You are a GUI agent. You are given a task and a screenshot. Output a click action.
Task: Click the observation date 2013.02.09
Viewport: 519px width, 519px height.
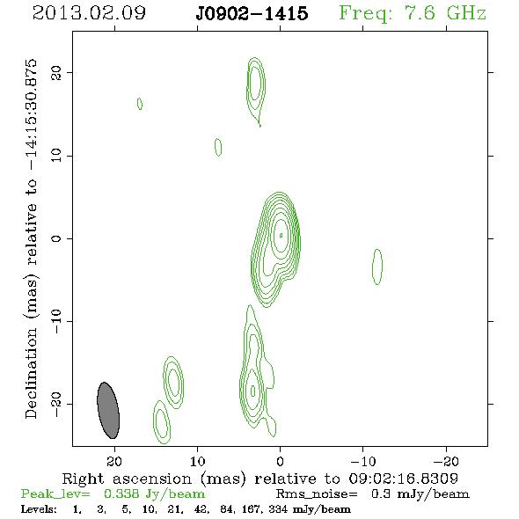[89, 13]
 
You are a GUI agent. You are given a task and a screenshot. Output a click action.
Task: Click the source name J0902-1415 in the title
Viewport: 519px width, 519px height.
[252, 13]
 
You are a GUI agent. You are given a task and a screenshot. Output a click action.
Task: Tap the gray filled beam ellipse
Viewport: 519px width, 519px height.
[108, 411]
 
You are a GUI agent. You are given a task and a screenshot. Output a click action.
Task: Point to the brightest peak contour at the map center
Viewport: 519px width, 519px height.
[281, 236]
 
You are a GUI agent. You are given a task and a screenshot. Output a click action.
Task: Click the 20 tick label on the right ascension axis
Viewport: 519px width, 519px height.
[114, 461]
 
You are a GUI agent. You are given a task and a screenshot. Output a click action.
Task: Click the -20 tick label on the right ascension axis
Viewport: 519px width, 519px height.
[446, 461]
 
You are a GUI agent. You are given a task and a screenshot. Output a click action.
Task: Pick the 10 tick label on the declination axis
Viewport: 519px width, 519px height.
[56, 155]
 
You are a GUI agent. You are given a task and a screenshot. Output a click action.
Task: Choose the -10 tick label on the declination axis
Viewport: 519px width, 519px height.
[56, 321]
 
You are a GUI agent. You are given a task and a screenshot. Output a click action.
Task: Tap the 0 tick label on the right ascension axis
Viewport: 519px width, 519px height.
[280, 461]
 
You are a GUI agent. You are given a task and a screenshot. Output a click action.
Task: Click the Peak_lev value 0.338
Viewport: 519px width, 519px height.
[121, 493]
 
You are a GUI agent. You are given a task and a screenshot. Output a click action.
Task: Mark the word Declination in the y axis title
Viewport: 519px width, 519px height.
[31, 373]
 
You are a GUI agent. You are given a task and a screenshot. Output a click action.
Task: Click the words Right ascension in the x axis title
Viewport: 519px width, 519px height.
[127, 479]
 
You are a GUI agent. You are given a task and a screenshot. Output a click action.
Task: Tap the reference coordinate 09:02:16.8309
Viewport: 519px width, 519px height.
[404, 479]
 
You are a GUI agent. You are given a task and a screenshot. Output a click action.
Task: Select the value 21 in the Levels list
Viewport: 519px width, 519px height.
[173, 509]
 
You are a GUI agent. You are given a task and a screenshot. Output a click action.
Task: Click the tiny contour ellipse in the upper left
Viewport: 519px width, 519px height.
[140, 104]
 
